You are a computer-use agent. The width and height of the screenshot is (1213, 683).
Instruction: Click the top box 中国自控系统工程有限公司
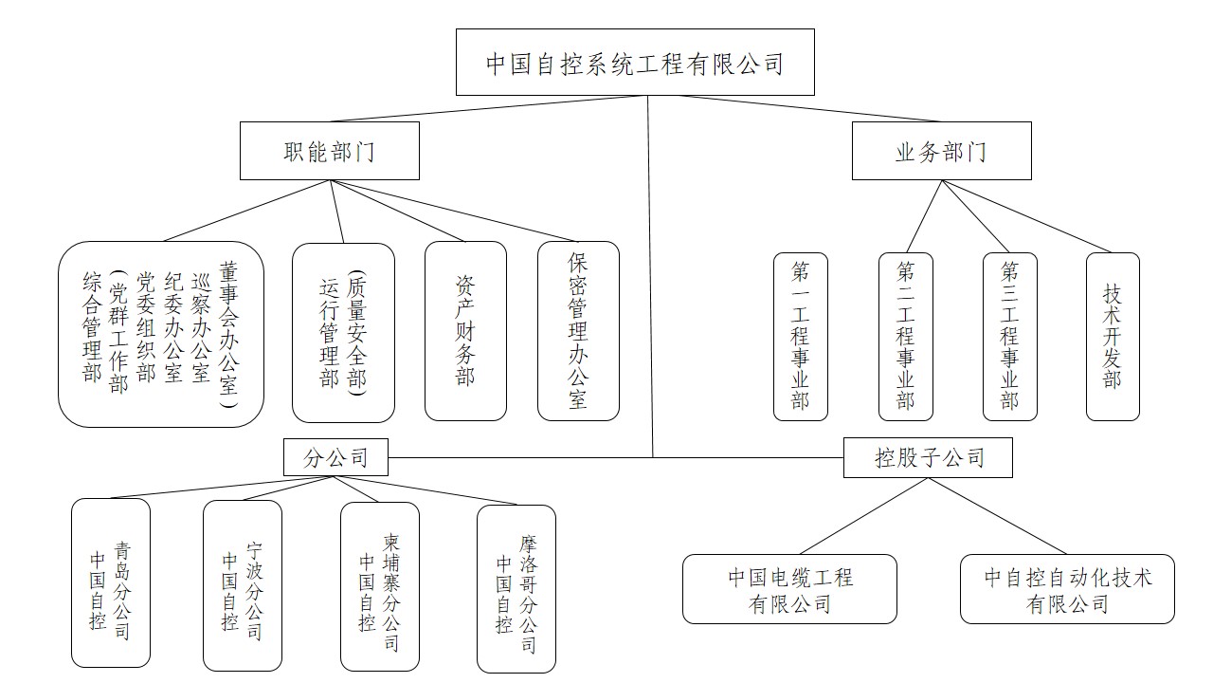pyautogui.click(x=635, y=63)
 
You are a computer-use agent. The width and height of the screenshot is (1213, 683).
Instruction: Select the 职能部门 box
pyautogui.click(x=330, y=151)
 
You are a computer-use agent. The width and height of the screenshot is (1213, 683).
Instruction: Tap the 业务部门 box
pyautogui.click(x=942, y=151)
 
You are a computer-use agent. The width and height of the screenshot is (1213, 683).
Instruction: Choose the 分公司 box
pyautogui.click(x=335, y=457)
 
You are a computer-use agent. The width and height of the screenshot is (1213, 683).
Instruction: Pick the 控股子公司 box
pyautogui.click(x=928, y=457)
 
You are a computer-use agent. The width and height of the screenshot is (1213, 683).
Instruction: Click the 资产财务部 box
pyautogui.click(x=465, y=331)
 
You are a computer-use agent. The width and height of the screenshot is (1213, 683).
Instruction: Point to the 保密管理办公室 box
pyautogui.click(x=578, y=331)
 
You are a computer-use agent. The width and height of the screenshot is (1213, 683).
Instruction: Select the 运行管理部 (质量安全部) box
pyautogui.click(x=343, y=333)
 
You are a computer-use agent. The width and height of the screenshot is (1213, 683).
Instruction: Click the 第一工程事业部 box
pyautogui.click(x=801, y=337)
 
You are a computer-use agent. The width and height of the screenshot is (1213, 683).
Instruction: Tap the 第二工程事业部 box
pyautogui.click(x=905, y=337)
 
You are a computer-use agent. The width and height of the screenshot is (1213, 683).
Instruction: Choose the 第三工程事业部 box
pyautogui.click(x=1010, y=337)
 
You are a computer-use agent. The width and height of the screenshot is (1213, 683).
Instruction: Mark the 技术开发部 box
pyautogui.click(x=1113, y=337)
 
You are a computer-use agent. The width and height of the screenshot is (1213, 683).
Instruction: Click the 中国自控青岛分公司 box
pyautogui.click(x=111, y=582)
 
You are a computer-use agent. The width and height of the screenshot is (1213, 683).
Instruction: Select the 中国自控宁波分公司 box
pyautogui.click(x=243, y=586)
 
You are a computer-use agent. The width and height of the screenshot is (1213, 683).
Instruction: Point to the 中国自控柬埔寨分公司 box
pyautogui.click(x=380, y=586)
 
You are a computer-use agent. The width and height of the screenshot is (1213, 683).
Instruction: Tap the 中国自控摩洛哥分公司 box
pyautogui.click(x=516, y=589)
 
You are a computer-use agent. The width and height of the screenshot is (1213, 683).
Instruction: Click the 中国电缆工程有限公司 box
pyautogui.click(x=789, y=589)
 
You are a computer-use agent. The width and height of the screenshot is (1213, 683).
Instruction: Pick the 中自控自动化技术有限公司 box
pyautogui.click(x=1067, y=589)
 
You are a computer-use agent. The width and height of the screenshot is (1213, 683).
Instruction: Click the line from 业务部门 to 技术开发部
pyautogui.click(x=1027, y=217)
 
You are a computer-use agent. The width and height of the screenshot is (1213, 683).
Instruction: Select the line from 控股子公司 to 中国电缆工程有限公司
pyautogui.click(x=863, y=516)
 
